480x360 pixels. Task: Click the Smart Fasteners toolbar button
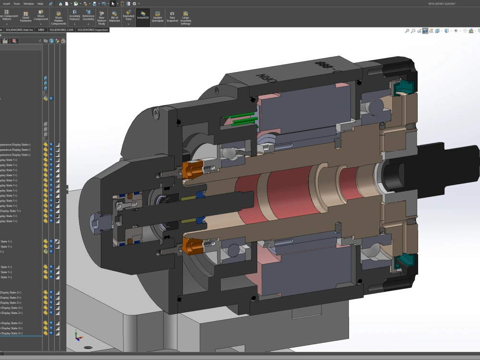[25, 17]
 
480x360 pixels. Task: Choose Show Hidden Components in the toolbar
[59, 18]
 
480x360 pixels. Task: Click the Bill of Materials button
[115, 17]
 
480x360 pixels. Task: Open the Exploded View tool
[129, 17]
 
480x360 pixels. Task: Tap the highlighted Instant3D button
[143, 15]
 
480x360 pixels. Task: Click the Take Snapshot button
[172, 17]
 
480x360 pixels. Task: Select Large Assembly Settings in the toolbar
[185, 18]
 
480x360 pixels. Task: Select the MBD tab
[41, 30]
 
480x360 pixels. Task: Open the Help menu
[40, 3]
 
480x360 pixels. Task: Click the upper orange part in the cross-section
[192, 169]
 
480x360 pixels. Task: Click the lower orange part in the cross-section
[192, 246]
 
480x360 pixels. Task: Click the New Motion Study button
[101, 18]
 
